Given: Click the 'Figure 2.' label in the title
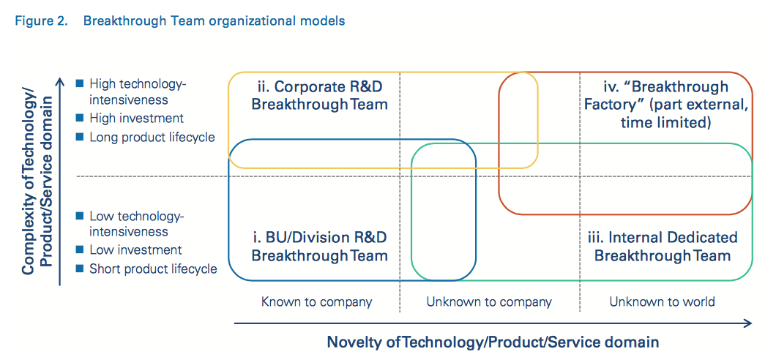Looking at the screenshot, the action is coord(42,21).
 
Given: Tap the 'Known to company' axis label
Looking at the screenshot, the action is coord(317,301).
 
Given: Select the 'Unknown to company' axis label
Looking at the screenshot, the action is coord(489,301).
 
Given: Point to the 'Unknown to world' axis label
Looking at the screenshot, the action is coord(663,301).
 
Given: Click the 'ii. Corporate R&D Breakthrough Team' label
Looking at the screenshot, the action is coord(319,95).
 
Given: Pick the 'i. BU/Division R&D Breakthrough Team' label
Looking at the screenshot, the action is coord(319,247).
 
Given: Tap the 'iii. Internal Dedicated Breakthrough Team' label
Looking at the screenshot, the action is coord(663,246).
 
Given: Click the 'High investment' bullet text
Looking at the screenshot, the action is coord(136,119).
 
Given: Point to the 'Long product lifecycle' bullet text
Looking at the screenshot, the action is coord(152,137).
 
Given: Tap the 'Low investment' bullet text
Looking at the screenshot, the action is coord(135,250).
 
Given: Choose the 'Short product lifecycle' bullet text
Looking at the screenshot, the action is coord(153,269).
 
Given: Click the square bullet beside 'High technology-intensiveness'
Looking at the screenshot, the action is coord(79,83).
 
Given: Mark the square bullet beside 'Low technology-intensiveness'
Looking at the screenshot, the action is coord(79,216).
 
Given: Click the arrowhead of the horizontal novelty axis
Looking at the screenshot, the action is coord(747,323).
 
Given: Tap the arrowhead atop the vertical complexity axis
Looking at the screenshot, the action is coord(60,82).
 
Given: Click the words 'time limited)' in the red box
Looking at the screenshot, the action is coord(665,122).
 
